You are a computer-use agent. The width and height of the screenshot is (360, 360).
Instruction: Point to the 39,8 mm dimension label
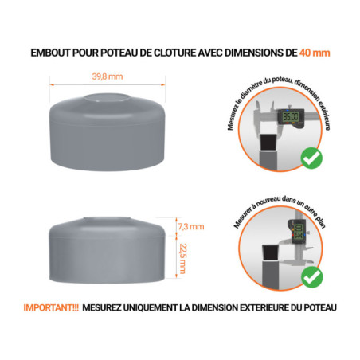107,76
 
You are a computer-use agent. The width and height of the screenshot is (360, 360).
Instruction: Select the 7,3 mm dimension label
191,227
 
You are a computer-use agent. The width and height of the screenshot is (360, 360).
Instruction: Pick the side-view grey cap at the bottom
107,248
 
